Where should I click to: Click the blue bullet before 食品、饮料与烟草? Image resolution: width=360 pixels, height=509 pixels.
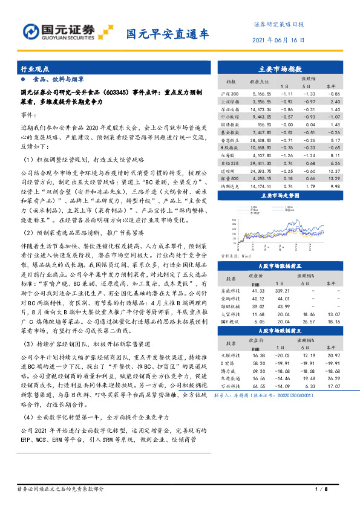(x=24, y=79)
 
